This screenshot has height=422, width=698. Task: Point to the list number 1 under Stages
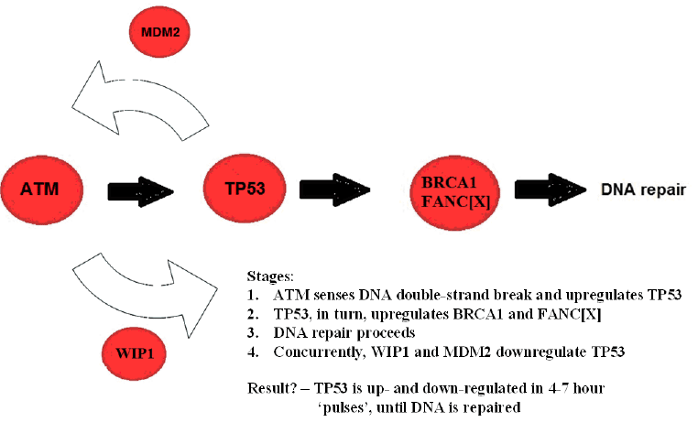(x=252, y=295)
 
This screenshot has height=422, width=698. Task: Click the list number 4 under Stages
(x=252, y=352)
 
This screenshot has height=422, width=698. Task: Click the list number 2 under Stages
(x=252, y=314)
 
